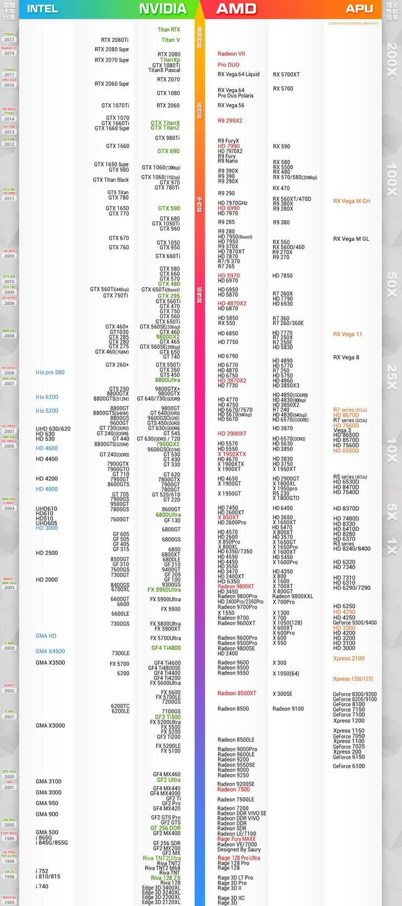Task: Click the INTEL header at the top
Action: coord(43,9)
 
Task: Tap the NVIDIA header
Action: coord(163,9)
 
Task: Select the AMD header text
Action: coord(236,9)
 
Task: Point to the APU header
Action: coord(359,9)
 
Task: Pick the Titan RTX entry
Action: coord(168,29)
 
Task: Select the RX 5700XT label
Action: coord(286,75)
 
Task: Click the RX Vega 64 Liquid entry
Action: coord(238,75)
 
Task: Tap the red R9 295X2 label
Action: coord(229,120)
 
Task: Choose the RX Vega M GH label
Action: coord(351,201)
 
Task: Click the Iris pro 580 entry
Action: coord(50,372)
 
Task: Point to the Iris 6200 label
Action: coord(47,397)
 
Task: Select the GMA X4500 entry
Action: coord(50,651)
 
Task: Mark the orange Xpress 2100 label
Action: coord(349,659)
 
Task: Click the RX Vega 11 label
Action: coord(347,334)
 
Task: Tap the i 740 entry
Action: coord(42,887)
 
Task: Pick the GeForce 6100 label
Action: coord(349,766)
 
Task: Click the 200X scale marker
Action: coord(392,60)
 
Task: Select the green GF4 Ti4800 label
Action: coord(166,648)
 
